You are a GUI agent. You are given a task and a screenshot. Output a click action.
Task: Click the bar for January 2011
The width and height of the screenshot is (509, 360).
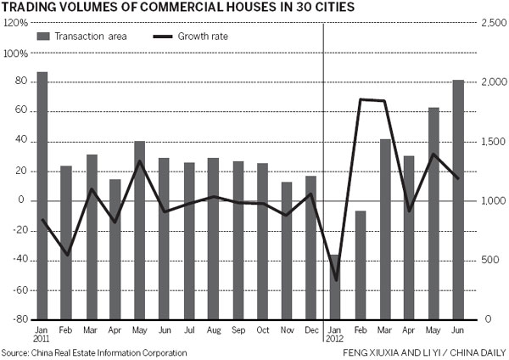[x=42, y=195]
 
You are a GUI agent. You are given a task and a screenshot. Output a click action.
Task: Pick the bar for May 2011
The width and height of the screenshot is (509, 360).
[x=140, y=230]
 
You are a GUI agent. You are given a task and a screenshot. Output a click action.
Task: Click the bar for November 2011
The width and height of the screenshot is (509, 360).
[x=287, y=250]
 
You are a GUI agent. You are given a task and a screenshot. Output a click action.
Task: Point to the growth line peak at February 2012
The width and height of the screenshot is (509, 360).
[x=361, y=99]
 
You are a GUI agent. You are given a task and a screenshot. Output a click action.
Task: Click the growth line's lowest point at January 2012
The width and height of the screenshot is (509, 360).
[x=336, y=279]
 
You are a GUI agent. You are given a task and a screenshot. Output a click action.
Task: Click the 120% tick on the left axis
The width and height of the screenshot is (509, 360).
[x=15, y=23]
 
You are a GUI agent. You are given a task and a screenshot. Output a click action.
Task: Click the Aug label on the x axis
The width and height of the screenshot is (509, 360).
[x=213, y=329]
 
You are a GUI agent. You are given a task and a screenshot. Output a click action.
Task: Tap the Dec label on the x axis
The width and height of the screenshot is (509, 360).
[x=310, y=329]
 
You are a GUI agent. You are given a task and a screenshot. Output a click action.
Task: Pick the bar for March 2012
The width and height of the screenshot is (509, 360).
[x=385, y=229]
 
